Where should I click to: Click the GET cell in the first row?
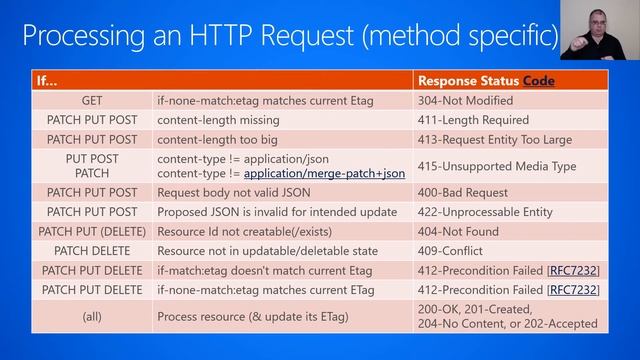point(92,101)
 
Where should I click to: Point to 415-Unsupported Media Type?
point(497,166)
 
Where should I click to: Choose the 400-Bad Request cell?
point(461,192)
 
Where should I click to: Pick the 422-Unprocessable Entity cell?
point(485,212)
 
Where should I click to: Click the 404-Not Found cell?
point(459,231)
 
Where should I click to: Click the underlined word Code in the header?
point(538,80)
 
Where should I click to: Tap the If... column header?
point(50,80)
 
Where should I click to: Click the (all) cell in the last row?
point(92,316)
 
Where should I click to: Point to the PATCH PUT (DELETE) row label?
point(92,231)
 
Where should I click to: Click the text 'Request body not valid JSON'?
point(237,192)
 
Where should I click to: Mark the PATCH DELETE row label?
point(92,251)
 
